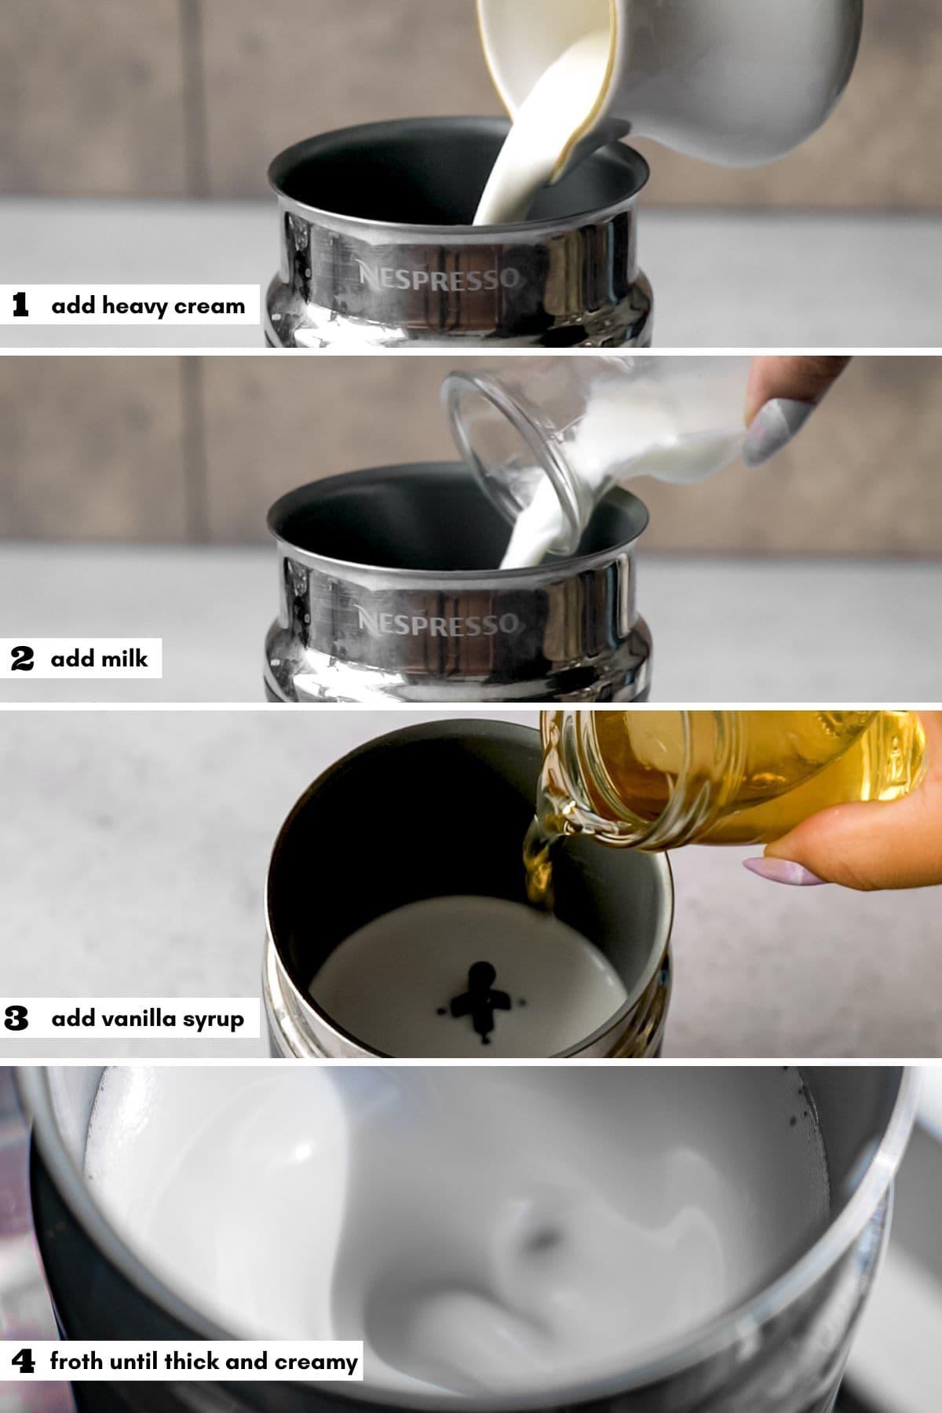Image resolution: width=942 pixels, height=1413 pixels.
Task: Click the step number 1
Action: point(21,305)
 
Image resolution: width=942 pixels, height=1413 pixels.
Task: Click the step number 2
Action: point(22,658)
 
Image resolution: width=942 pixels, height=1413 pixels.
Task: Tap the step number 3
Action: point(16,1019)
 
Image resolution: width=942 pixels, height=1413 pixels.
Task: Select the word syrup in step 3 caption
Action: point(214,1020)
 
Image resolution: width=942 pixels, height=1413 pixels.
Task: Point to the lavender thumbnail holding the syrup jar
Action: point(775,871)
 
